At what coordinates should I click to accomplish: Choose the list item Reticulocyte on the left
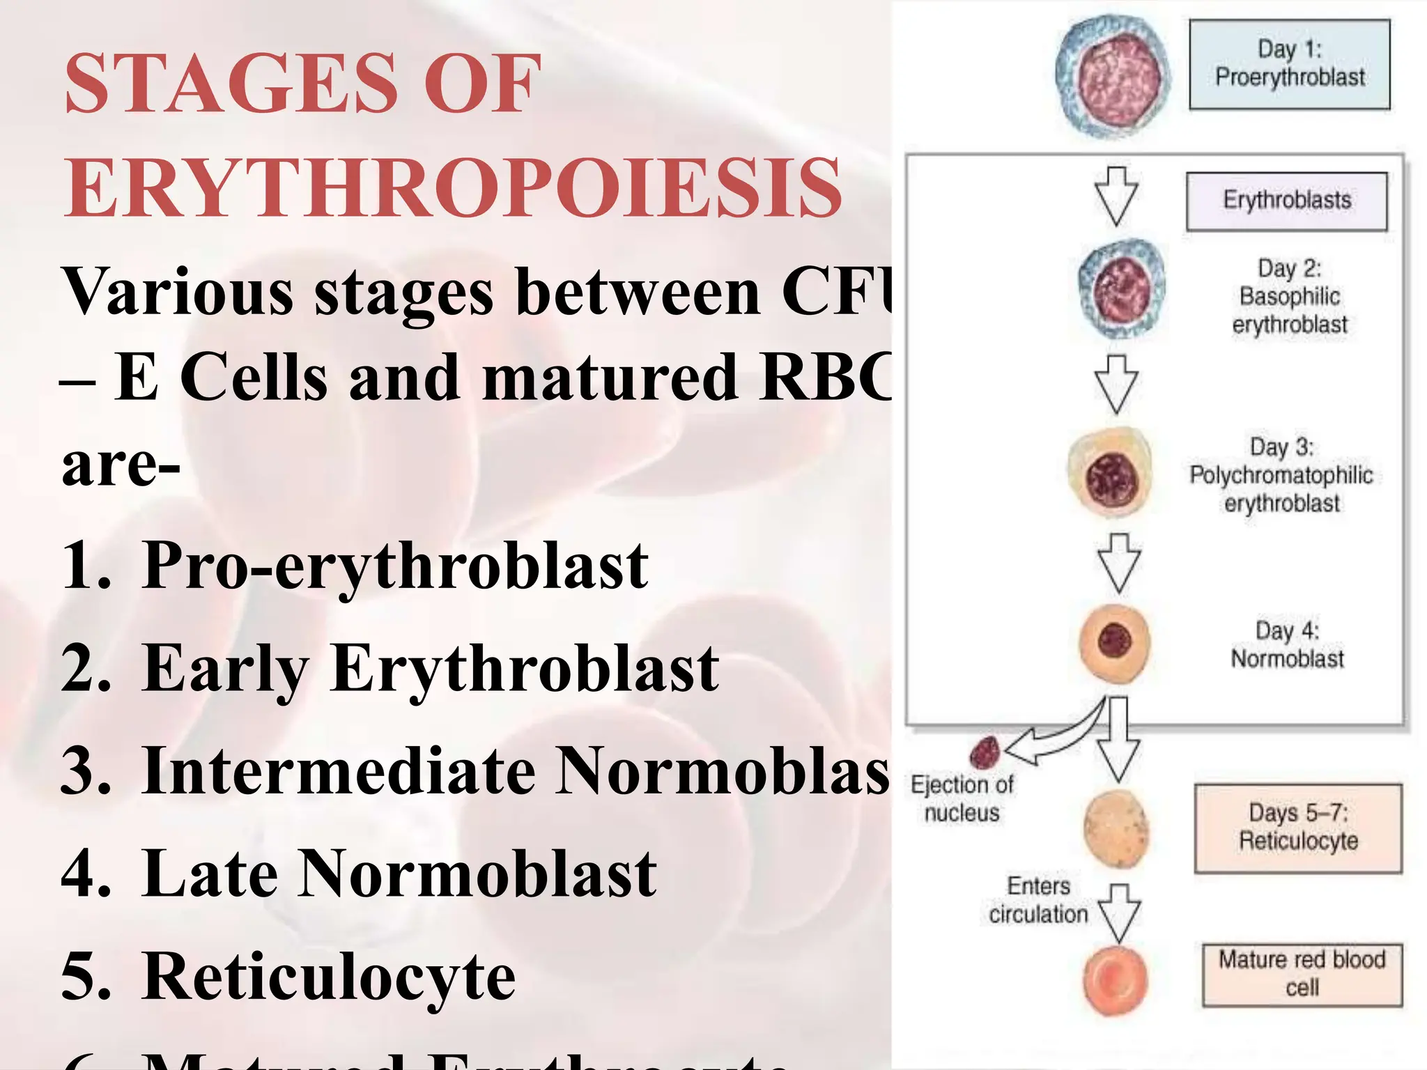328,977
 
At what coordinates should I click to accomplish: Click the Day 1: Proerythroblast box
1289,64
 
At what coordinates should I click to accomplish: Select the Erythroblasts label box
1286,201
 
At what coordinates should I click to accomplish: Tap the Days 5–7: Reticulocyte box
1298,828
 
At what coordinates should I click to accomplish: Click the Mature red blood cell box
1302,974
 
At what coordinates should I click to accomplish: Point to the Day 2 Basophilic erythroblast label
1290,297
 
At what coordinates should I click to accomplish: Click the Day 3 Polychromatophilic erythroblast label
1281,475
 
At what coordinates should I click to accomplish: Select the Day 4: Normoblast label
1287,645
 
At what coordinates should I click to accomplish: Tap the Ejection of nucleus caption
962,798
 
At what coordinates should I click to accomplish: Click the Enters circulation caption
1038,900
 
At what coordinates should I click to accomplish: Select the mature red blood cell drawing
1116,981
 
